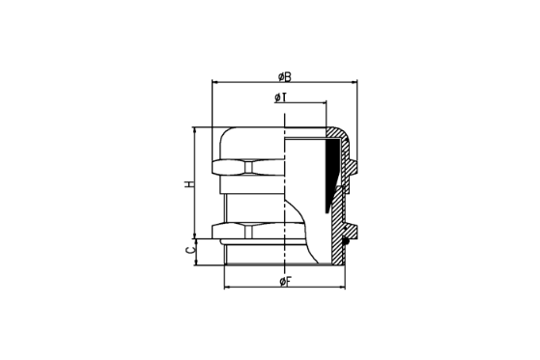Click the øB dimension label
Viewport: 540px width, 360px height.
tap(284, 77)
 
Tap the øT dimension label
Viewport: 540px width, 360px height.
tap(281, 97)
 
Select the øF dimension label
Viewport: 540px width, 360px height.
tap(286, 282)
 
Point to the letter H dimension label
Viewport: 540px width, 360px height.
tap(189, 183)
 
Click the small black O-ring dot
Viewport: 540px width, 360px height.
tap(346, 241)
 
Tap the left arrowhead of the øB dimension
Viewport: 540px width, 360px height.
tap(214, 82)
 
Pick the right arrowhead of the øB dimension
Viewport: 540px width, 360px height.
tap(355, 82)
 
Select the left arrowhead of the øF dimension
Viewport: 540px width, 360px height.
tap(227, 287)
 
